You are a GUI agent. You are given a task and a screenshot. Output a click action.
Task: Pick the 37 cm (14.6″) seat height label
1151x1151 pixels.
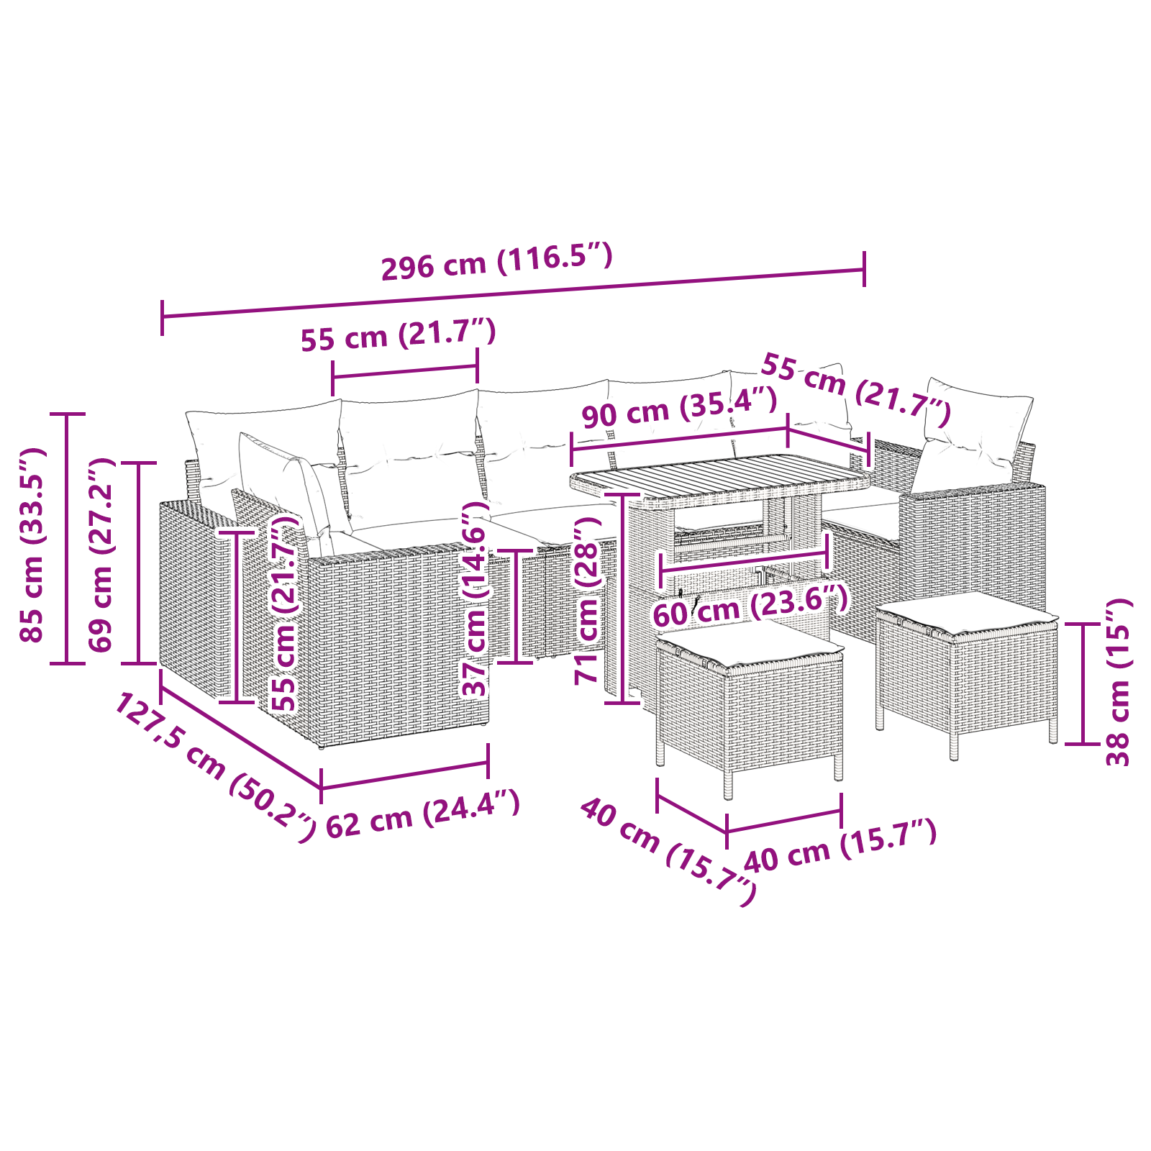(x=476, y=599)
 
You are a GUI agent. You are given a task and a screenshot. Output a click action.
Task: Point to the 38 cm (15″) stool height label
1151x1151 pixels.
(x=1119, y=682)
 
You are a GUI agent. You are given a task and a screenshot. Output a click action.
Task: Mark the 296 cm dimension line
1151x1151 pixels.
(x=513, y=293)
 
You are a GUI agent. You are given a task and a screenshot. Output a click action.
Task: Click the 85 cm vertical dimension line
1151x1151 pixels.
(x=68, y=539)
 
